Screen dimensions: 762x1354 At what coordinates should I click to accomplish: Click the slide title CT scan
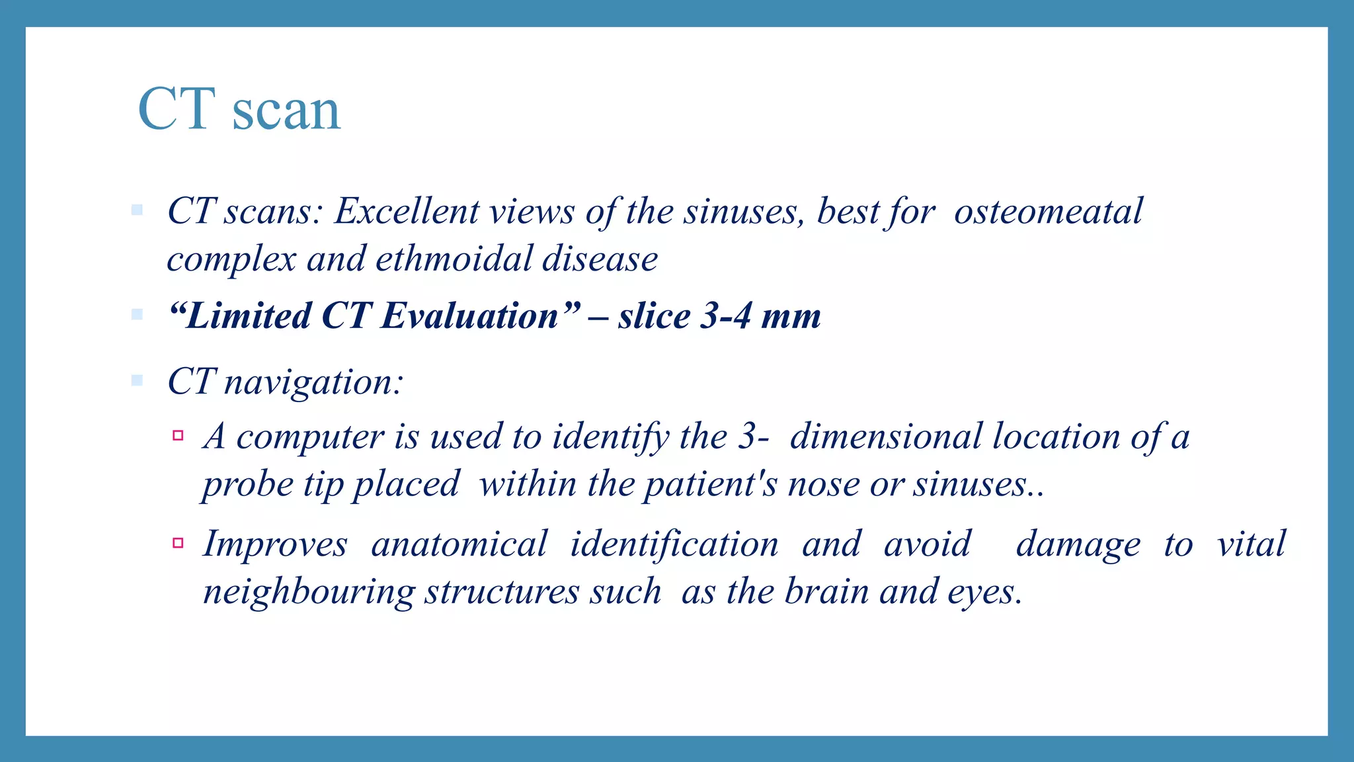coord(239,110)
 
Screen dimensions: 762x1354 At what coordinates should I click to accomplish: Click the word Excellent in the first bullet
coord(407,212)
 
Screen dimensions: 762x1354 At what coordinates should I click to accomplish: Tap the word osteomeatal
coord(1048,212)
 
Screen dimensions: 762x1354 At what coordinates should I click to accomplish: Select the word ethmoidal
coord(454,259)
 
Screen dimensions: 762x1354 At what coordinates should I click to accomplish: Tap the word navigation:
coord(313,383)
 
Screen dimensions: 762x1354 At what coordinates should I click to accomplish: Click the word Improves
coord(274,544)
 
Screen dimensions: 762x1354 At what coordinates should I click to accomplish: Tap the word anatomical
coord(459,544)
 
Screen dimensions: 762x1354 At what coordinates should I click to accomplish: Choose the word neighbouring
coord(308,592)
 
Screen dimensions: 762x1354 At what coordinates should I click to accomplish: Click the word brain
coord(826,592)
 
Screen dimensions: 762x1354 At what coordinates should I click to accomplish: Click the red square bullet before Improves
coord(177,543)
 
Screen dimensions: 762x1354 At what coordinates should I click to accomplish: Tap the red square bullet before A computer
coord(177,435)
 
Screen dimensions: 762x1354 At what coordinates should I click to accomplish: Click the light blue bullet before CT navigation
coord(137,380)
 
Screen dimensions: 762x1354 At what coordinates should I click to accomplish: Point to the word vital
coord(1252,544)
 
